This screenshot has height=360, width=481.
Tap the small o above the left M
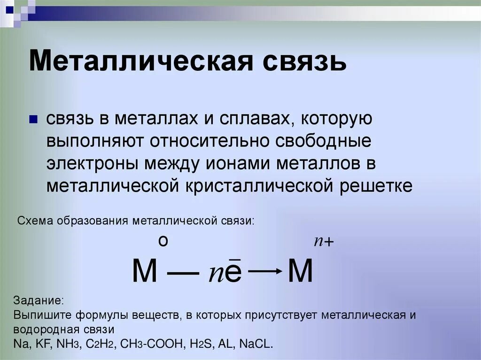(x=163, y=241)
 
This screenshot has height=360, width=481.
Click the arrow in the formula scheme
(x=264, y=271)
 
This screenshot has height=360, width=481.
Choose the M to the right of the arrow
(x=300, y=271)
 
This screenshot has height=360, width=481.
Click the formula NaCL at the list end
(x=256, y=343)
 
